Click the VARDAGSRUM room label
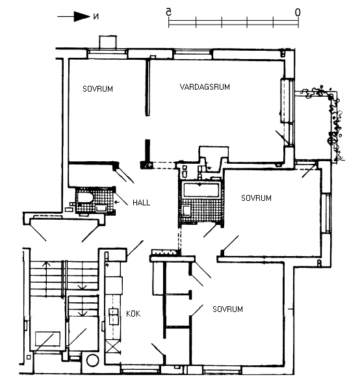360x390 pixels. coord(205,87)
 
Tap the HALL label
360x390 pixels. coord(141,203)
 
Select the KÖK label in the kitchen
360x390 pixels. coord(133,314)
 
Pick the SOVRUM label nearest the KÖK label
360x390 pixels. coord(227,309)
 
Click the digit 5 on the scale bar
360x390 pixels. coord(169,12)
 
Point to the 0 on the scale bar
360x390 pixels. coord(298,12)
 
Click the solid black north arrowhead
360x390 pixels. coord(82,17)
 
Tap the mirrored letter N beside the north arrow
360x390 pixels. coord(96,17)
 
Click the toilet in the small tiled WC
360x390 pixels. coord(85,198)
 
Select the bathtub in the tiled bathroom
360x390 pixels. coord(201,190)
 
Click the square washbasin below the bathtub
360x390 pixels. coord(186,210)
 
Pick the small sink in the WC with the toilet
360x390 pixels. coord(101,208)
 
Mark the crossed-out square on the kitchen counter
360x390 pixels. coord(112,346)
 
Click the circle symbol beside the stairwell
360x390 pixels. coord(92,360)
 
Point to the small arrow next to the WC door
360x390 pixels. coord(117,202)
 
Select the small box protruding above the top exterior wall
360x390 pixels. coord(108,42)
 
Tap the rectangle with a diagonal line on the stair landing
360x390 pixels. coord(47,339)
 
